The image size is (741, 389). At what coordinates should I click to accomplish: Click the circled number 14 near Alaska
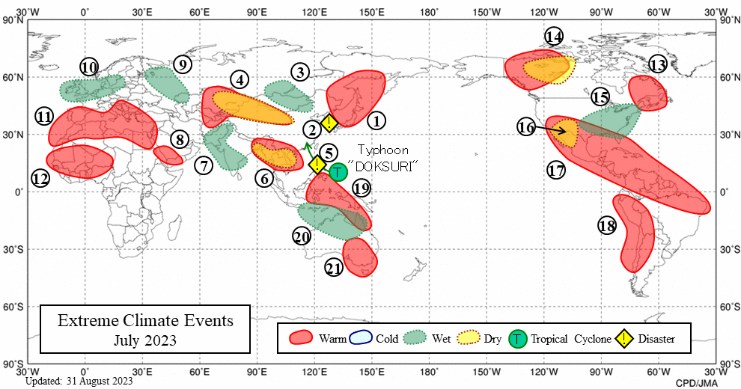(x=554, y=37)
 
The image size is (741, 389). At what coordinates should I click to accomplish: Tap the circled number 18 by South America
(x=607, y=225)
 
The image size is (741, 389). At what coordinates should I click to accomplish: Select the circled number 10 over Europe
(x=90, y=67)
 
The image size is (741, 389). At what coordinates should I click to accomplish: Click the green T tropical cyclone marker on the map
(x=338, y=172)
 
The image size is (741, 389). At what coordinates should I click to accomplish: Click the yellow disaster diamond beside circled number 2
(x=329, y=122)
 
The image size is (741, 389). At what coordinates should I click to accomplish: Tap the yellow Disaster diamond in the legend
(x=623, y=339)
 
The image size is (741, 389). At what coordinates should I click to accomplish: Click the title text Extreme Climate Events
(x=146, y=321)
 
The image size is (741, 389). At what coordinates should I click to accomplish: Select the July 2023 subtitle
(x=146, y=340)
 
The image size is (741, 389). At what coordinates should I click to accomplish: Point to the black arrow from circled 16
(x=551, y=132)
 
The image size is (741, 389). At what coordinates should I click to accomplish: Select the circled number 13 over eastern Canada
(x=658, y=64)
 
